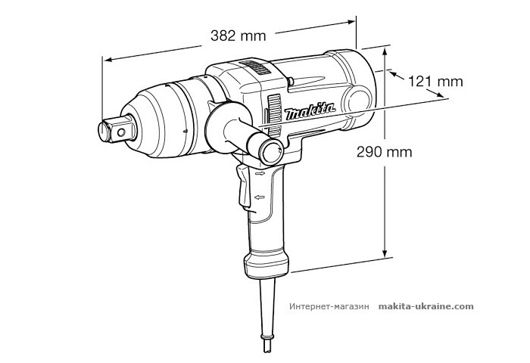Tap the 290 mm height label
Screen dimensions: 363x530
[385, 151]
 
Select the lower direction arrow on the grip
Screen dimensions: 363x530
[260, 197]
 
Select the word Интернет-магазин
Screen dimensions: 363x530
[328, 307]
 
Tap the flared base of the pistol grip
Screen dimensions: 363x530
[266, 264]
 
